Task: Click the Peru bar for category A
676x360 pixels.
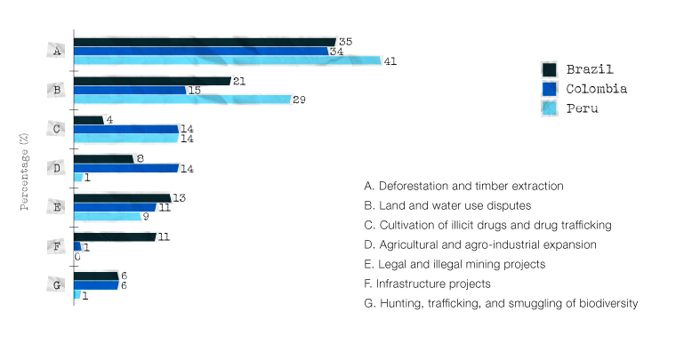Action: tap(227, 60)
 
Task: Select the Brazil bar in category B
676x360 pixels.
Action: tap(151, 81)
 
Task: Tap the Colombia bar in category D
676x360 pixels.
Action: tap(126, 168)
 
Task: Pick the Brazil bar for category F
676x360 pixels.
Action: tap(114, 236)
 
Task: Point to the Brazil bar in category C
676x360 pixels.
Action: tap(88, 120)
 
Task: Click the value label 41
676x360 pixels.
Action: tap(390, 61)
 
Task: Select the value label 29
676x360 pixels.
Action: tap(299, 100)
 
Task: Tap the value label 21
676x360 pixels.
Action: tap(238, 81)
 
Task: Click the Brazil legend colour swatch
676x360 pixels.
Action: tap(549, 70)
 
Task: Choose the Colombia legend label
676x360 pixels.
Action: tap(597, 89)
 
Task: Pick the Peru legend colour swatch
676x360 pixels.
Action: tap(549, 108)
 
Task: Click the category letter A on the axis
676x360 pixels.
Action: tap(57, 51)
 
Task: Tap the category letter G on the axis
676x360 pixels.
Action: tap(57, 285)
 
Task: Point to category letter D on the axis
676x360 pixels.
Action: tap(57, 168)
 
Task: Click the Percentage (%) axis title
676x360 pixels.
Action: tap(25, 172)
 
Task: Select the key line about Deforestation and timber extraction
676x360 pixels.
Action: tap(464, 187)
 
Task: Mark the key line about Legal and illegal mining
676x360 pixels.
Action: tap(455, 264)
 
